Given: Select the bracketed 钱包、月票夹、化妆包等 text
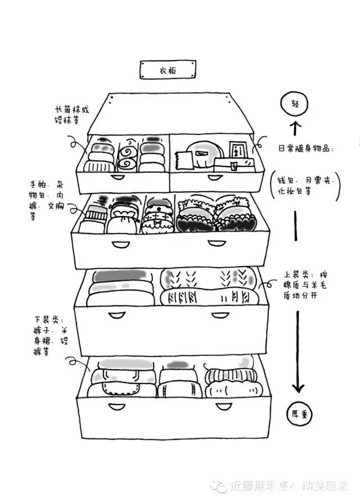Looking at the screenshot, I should tap(306, 185).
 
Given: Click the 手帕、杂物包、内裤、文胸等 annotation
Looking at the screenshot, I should tap(48, 200).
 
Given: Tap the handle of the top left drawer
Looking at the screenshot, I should tap(119, 177).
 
